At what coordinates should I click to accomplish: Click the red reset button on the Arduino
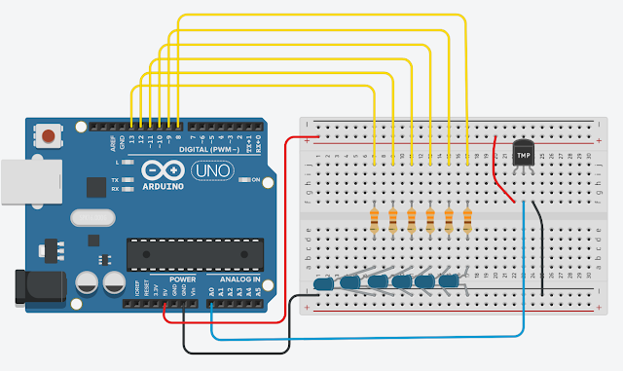46,134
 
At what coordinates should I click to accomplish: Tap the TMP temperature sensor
524,154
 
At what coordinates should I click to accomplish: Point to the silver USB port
18,184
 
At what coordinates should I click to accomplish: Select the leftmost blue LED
324,283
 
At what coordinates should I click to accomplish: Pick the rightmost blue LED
449,281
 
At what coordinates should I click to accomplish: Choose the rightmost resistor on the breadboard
467,219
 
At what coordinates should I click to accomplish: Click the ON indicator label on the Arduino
256,180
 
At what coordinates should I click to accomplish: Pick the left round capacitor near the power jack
86,284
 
